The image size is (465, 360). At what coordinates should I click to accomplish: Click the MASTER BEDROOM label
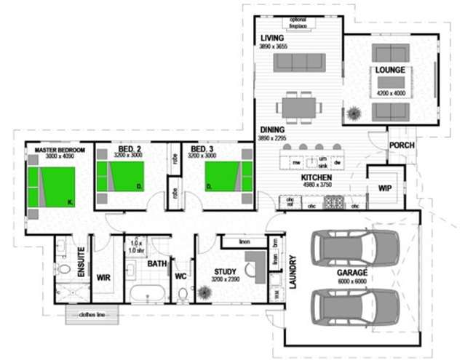pyautogui.click(x=60, y=150)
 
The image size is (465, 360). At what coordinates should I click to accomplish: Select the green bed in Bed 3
pyautogui.click(x=227, y=176)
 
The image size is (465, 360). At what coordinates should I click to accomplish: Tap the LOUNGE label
pyautogui.click(x=391, y=70)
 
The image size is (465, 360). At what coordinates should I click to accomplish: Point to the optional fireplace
pyautogui.click(x=298, y=25)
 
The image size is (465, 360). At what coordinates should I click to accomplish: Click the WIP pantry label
pyautogui.click(x=385, y=188)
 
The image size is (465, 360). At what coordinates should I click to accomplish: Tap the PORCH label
pyautogui.click(x=402, y=145)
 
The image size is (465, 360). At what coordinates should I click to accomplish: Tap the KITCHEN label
pyautogui.click(x=317, y=178)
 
